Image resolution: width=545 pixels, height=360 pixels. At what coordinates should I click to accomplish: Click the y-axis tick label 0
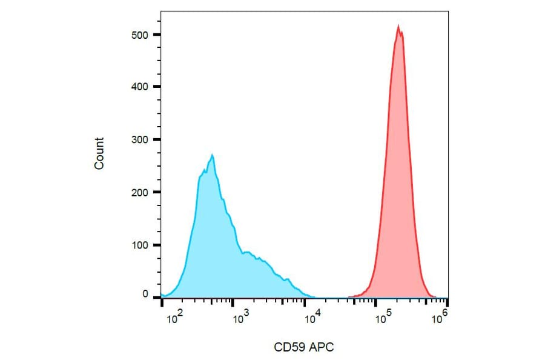[x=145, y=294]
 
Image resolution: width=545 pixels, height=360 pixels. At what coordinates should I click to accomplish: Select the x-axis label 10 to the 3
[x=241, y=316]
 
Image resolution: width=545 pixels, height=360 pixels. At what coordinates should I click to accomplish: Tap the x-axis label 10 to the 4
[x=312, y=316]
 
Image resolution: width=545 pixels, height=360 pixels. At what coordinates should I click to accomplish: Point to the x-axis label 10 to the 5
[x=381, y=316]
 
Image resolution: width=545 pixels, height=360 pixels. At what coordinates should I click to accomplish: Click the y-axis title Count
[x=99, y=153]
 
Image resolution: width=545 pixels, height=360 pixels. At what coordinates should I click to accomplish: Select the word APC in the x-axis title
[x=322, y=347]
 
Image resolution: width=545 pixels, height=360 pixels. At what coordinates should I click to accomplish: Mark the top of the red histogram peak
[x=398, y=25]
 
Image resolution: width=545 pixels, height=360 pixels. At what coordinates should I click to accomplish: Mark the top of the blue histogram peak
[x=212, y=155]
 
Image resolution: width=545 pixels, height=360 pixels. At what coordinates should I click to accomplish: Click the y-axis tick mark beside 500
[x=157, y=35]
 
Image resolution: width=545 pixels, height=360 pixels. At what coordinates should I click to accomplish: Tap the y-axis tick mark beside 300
[x=157, y=139]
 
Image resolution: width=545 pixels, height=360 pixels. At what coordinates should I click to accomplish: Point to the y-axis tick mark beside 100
[x=157, y=245]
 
